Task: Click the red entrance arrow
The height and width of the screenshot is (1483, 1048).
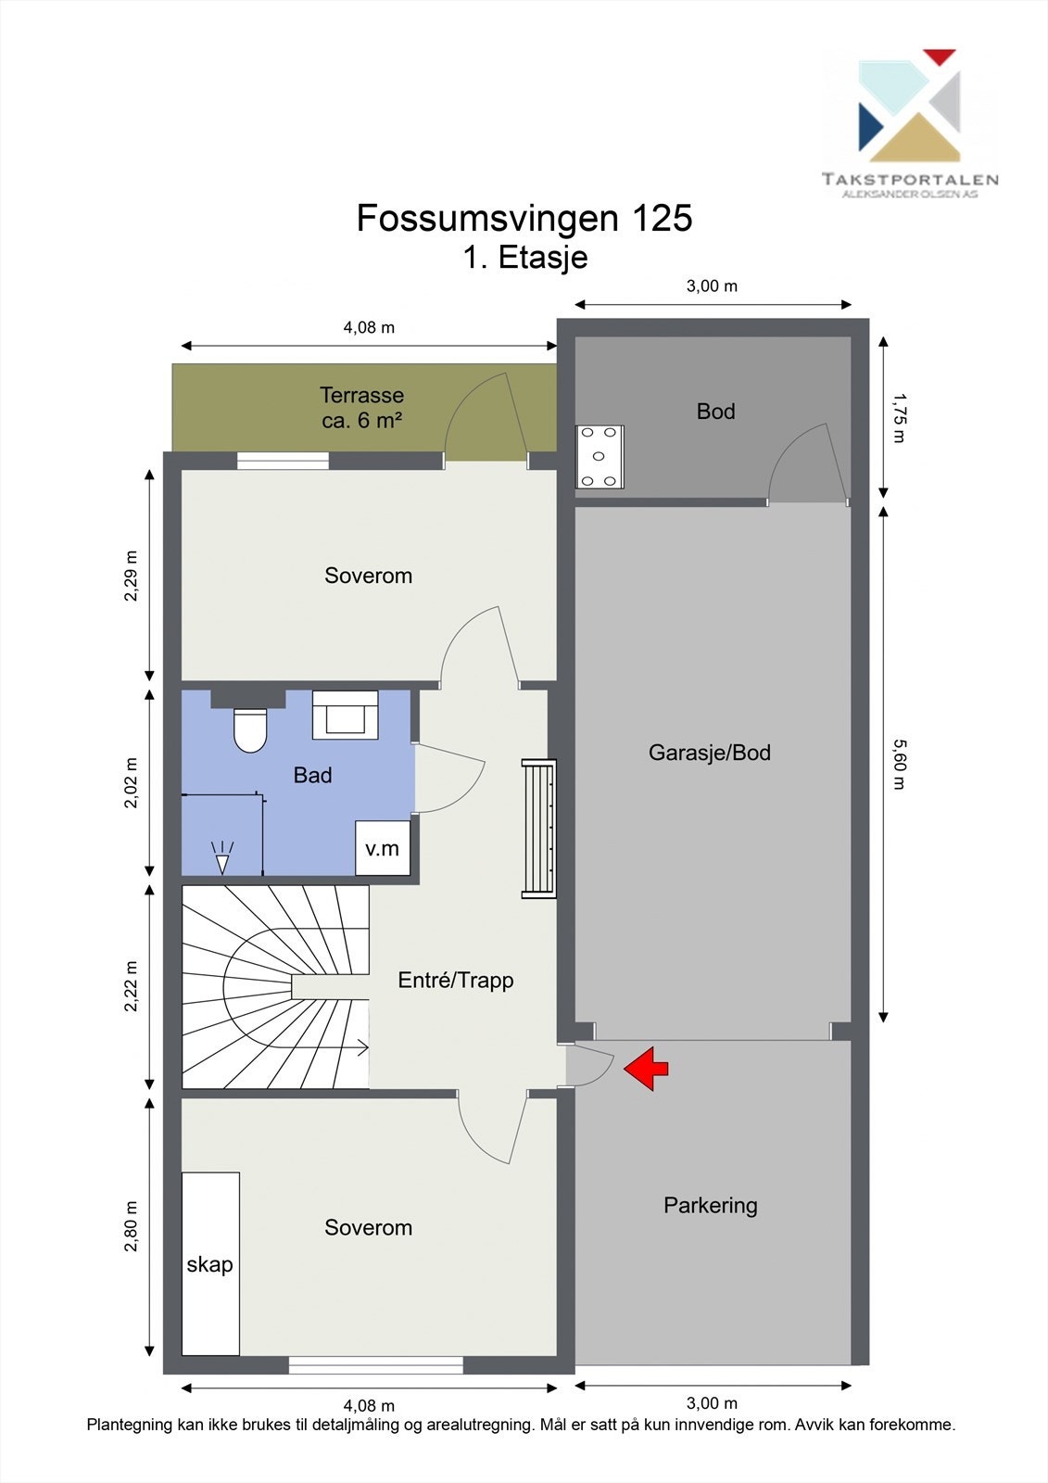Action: pos(647,1068)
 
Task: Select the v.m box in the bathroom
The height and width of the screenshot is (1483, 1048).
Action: pos(383,848)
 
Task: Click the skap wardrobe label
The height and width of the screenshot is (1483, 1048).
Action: pos(210,1264)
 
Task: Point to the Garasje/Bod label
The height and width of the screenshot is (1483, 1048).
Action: pos(710,753)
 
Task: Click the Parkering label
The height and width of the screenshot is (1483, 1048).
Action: pos(711,1205)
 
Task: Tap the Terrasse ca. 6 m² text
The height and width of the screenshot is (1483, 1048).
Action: pos(361,407)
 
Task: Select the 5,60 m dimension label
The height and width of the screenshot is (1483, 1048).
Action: pos(897,764)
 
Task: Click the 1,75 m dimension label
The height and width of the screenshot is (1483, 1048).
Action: pos(897,418)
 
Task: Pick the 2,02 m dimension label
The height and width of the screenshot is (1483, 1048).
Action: pos(132,783)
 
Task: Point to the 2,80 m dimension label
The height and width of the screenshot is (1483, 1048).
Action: pos(132,1225)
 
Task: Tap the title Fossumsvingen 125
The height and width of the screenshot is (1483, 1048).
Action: pos(524,218)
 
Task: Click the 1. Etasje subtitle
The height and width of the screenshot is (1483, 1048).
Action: pos(525,257)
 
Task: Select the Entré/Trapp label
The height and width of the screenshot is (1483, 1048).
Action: pos(455,980)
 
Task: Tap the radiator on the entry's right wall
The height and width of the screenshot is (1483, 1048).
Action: pos(538,828)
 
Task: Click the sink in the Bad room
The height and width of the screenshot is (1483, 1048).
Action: pos(345,715)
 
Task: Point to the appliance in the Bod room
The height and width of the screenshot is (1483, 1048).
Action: pos(600,456)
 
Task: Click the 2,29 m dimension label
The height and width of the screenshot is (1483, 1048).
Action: pos(132,576)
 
